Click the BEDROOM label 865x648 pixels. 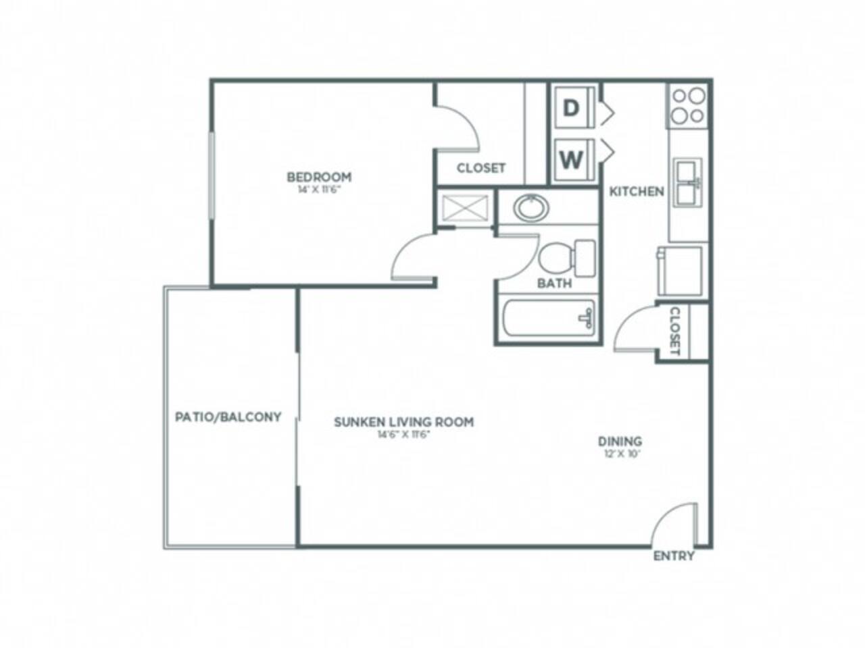[x=319, y=177]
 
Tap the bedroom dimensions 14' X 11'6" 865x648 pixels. [x=319, y=190]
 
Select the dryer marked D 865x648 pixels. [x=572, y=108]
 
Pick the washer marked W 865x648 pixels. [x=572, y=161]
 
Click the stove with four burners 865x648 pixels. [x=688, y=105]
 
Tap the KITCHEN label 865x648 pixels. [x=637, y=192]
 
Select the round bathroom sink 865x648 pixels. [x=532, y=207]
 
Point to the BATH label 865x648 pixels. [x=554, y=283]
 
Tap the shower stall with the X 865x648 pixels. [x=466, y=207]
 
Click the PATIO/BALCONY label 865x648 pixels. [x=228, y=416]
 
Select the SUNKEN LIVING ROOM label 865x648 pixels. [x=403, y=422]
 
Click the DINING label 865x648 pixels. [x=620, y=441]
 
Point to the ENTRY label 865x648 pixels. [x=674, y=556]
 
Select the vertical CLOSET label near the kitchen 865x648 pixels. [x=674, y=331]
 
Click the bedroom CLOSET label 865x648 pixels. [x=480, y=168]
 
